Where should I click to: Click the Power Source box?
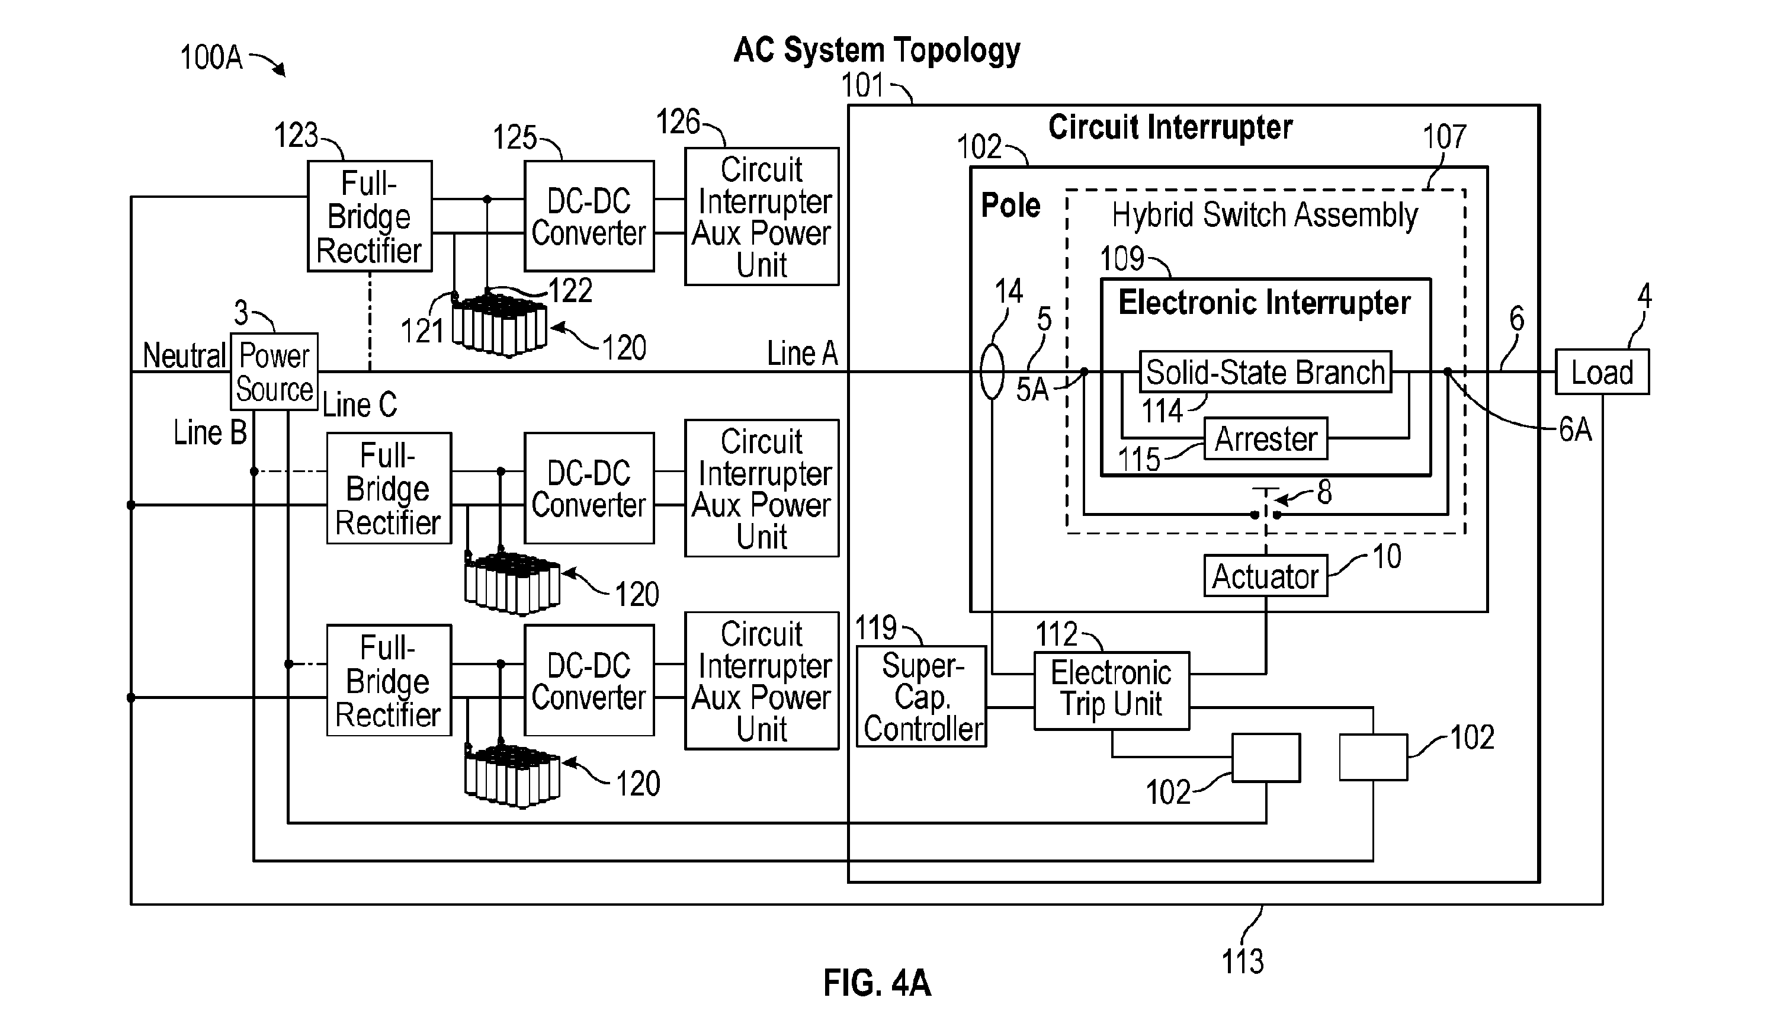point(274,371)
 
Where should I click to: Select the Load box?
point(1602,371)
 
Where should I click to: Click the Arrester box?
point(1266,439)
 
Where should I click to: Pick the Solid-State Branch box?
point(1265,371)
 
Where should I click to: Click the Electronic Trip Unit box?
point(1112,691)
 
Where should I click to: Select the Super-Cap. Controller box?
point(922,696)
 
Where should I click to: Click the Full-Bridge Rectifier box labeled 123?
point(370,216)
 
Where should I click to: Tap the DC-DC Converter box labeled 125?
point(589,216)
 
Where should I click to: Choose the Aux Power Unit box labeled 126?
point(762,216)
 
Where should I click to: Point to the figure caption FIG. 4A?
point(877,983)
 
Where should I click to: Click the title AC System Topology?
point(877,50)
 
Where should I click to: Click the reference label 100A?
point(211,57)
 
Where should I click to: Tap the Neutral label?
point(184,355)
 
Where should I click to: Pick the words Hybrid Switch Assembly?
point(1265,215)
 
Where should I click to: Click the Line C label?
point(360,405)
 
